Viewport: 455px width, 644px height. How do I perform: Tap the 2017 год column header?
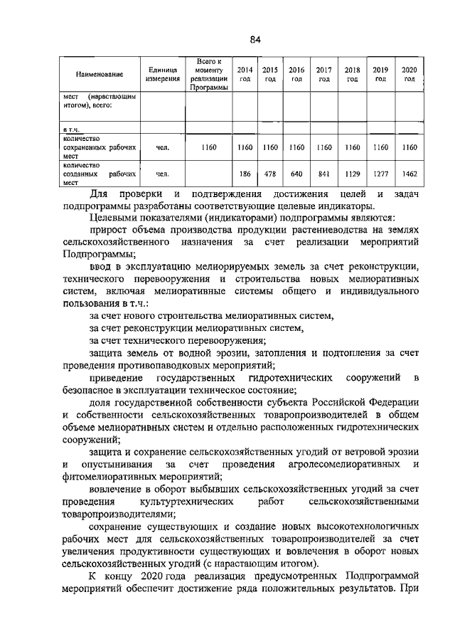point(324,75)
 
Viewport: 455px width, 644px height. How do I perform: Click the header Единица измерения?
point(162,75)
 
